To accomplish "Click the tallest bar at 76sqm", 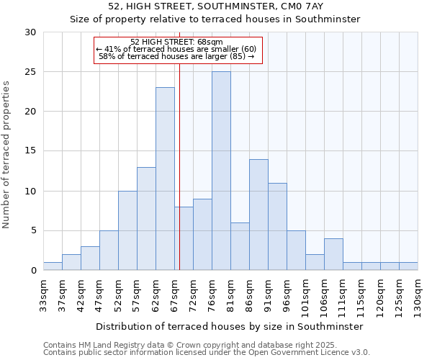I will [x=221, y=171].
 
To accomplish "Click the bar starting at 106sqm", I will [x=333, y=254].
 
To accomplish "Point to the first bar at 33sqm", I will [x=53, y=266].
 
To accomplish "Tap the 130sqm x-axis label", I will [x=418, y=296].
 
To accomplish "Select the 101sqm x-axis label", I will [x=305, y=296].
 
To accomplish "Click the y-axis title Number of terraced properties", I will [x=7, y=154].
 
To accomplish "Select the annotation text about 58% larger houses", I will [x=177, y=56].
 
